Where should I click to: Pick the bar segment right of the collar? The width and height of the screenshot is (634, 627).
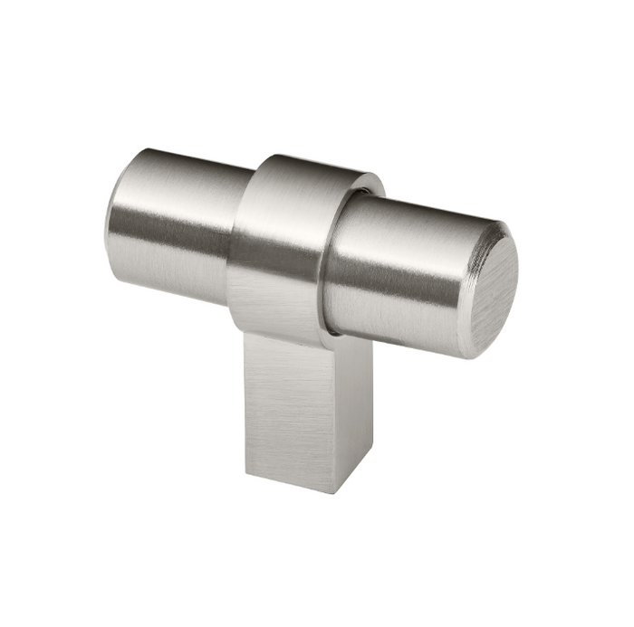coord(399,271)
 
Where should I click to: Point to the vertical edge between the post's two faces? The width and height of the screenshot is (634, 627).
coord(340,416)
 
